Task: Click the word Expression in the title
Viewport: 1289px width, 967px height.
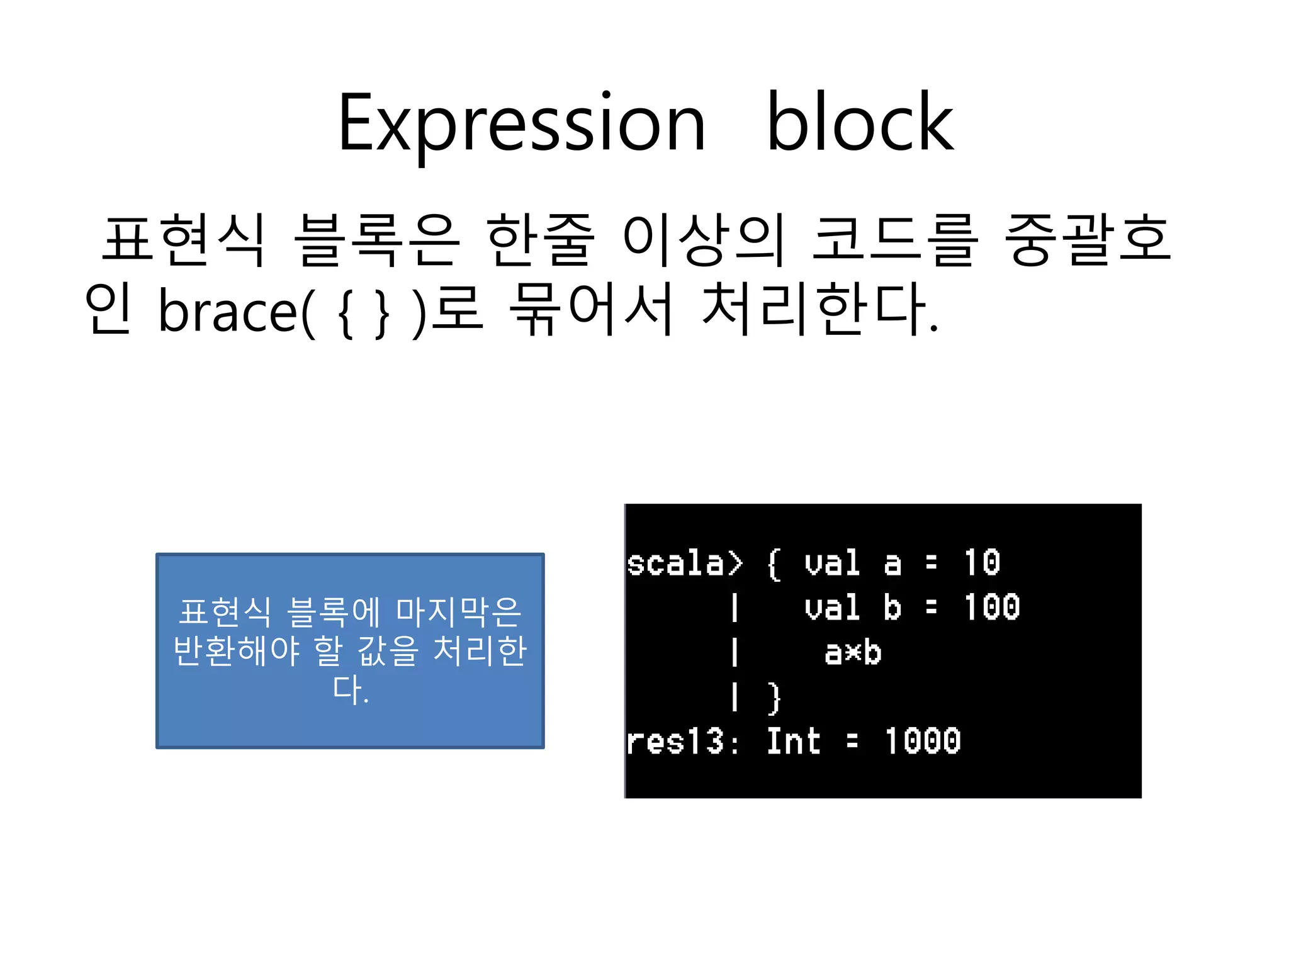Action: coord(521,125)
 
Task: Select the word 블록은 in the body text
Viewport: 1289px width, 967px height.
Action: coord(376,240)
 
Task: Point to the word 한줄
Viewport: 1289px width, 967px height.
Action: coord(540,240)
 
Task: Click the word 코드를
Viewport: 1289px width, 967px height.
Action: coord(895,240)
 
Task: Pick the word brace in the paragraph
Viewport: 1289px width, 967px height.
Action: coord(227,310)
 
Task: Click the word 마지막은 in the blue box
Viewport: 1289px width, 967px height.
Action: coord(458,612)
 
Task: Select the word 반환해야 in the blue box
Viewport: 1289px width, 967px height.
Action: coord(236,650)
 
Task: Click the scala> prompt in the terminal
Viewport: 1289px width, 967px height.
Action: coord(685,563)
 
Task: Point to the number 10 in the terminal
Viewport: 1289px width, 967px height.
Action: coord(982,562)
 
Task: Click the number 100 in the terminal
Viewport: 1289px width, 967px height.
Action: coord(992,608)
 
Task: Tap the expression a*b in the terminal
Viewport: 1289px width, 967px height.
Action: coord(853,653)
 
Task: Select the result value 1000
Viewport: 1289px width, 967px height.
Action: coord(923,741)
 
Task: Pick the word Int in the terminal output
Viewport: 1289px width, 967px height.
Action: coord(793,741)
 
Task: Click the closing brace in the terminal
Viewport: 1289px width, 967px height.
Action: coord(775,698)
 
